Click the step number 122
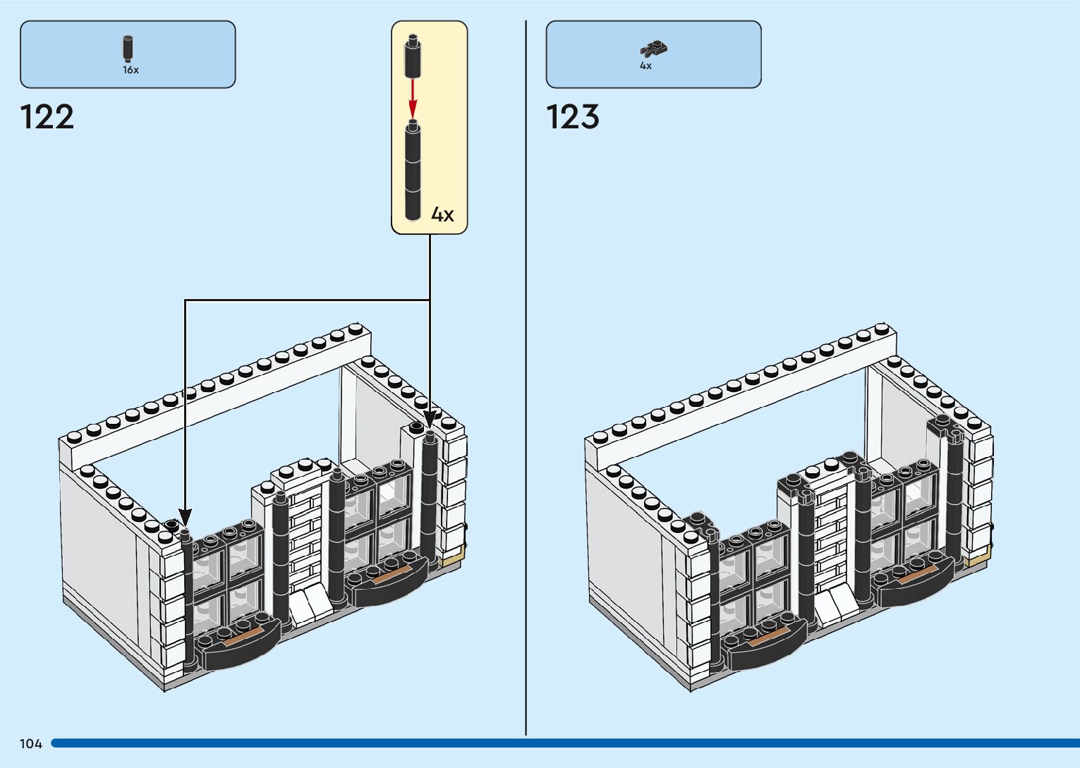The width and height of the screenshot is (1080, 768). point(47,117)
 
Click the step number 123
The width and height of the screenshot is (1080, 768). point(573,117)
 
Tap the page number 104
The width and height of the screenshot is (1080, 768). point(31,743)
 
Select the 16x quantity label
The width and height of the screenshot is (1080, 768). point(131,70)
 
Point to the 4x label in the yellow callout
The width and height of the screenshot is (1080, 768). point(442,214)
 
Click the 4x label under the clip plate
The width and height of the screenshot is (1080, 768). point(645,66)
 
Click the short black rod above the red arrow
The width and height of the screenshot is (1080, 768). point(413,56)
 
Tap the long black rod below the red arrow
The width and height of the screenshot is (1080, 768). point(413,170)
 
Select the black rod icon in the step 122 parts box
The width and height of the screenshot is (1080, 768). point(129,49)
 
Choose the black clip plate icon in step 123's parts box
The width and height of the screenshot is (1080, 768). point(654,49)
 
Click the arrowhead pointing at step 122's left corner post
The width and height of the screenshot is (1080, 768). point(185,518)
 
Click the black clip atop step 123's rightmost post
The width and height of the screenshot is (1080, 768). point(944,424)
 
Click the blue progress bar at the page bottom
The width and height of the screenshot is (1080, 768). point(564,743)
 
